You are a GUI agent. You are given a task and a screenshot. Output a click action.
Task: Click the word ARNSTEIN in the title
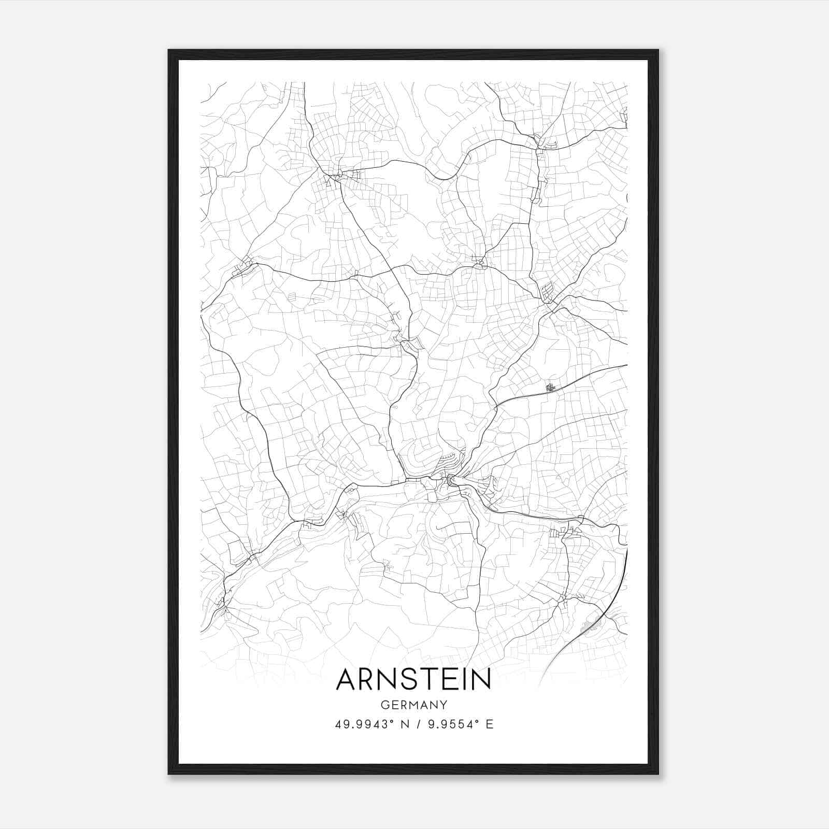click(x=413, y=679)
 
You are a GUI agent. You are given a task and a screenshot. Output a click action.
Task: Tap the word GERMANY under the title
click(x=413, y=705)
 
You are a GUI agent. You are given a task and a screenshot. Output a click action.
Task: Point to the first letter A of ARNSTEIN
click(x=347, y=679)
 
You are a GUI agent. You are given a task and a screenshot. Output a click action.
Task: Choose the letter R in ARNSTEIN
click(x=367, y=679)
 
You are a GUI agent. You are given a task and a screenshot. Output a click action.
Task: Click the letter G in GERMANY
click(x=384, y=705)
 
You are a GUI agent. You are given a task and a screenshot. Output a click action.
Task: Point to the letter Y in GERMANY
click(x=444, y=705)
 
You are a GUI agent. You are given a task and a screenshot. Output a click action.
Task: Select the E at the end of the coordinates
click(x=490, y=724)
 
